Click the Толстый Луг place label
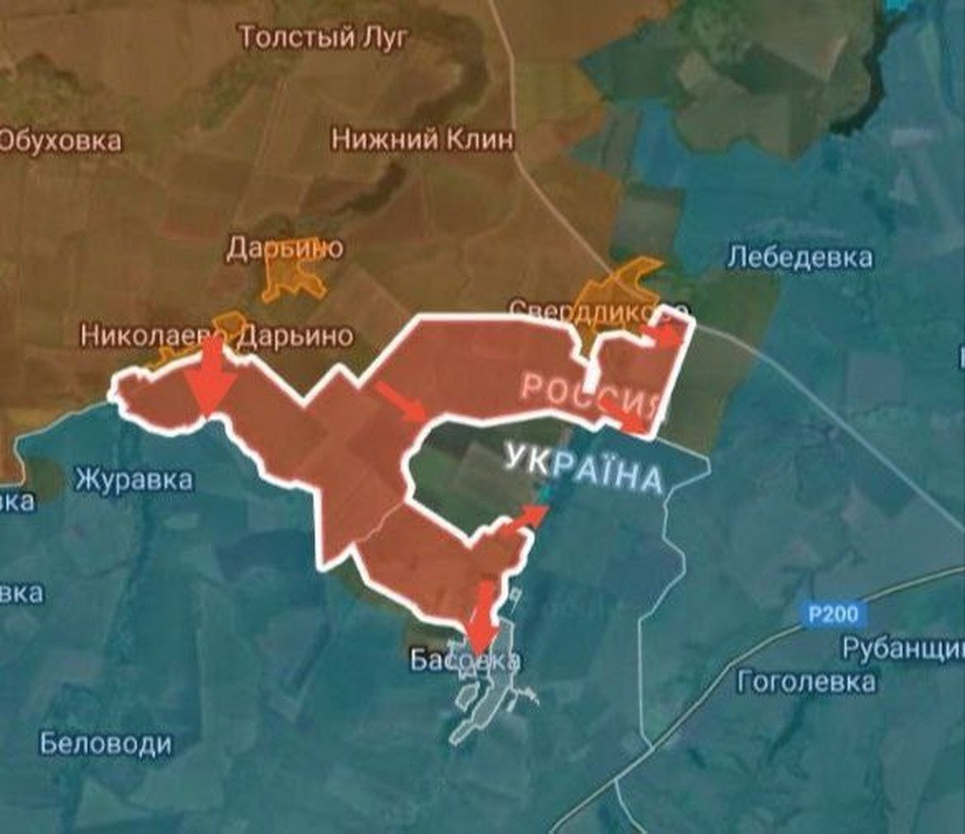tap(324, 38)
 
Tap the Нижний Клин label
tap(423, 140)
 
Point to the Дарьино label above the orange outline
tap(285, 249)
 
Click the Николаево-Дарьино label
tap(217, 336)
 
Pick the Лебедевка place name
tap(800, 257)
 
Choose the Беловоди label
tap(106, 743)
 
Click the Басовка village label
tap(465, 660)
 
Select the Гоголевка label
tap(806, 681)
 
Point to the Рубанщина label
tap(903, 650)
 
